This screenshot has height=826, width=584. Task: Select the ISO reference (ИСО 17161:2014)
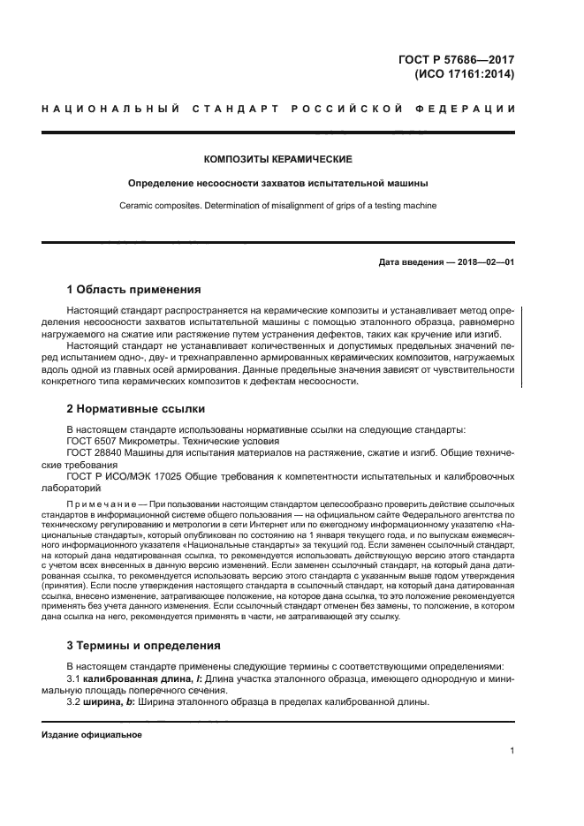(x=465, y=74)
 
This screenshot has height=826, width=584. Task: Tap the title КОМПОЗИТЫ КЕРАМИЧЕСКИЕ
(x=277, y=159)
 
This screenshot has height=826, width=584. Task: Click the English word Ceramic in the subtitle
(x=137, y=206)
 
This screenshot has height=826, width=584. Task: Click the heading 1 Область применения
(x=134, y=290)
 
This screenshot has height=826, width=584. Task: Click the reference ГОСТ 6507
(x=92, y=441)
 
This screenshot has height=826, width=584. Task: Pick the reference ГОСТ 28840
(x=95, y=452)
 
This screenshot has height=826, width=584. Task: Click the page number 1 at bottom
(x=512, y=751)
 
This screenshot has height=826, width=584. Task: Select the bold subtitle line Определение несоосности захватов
(x=277, y=184)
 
